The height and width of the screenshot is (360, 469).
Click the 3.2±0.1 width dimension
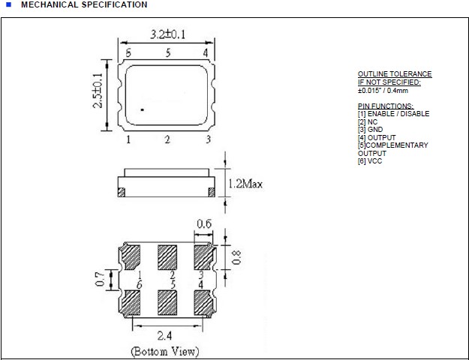(168, 34)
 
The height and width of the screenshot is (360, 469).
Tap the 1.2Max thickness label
(245, 183)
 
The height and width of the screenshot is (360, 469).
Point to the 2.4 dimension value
(168, 334)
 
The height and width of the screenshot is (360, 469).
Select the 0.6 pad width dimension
(203, 224)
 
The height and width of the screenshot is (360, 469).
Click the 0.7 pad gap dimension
(99, 280)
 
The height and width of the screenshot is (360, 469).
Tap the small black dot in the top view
(141, 110)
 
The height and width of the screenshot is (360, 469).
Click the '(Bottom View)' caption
(165, 351)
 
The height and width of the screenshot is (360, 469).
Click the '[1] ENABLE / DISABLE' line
(393, 114)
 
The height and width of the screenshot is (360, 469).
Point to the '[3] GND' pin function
(371, 130)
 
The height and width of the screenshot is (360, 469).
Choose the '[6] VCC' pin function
(370, 161)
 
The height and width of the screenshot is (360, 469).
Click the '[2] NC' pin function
(368, 121)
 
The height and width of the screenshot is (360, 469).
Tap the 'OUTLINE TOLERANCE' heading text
(395, 74)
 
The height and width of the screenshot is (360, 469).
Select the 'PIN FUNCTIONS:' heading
(386, 106)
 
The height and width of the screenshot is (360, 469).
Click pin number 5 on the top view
(168, 52)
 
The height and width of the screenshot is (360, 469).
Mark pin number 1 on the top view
(128, 139)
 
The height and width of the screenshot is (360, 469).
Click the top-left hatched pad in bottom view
(132, 258)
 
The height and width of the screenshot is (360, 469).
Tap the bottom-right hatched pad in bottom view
(204, 303)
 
